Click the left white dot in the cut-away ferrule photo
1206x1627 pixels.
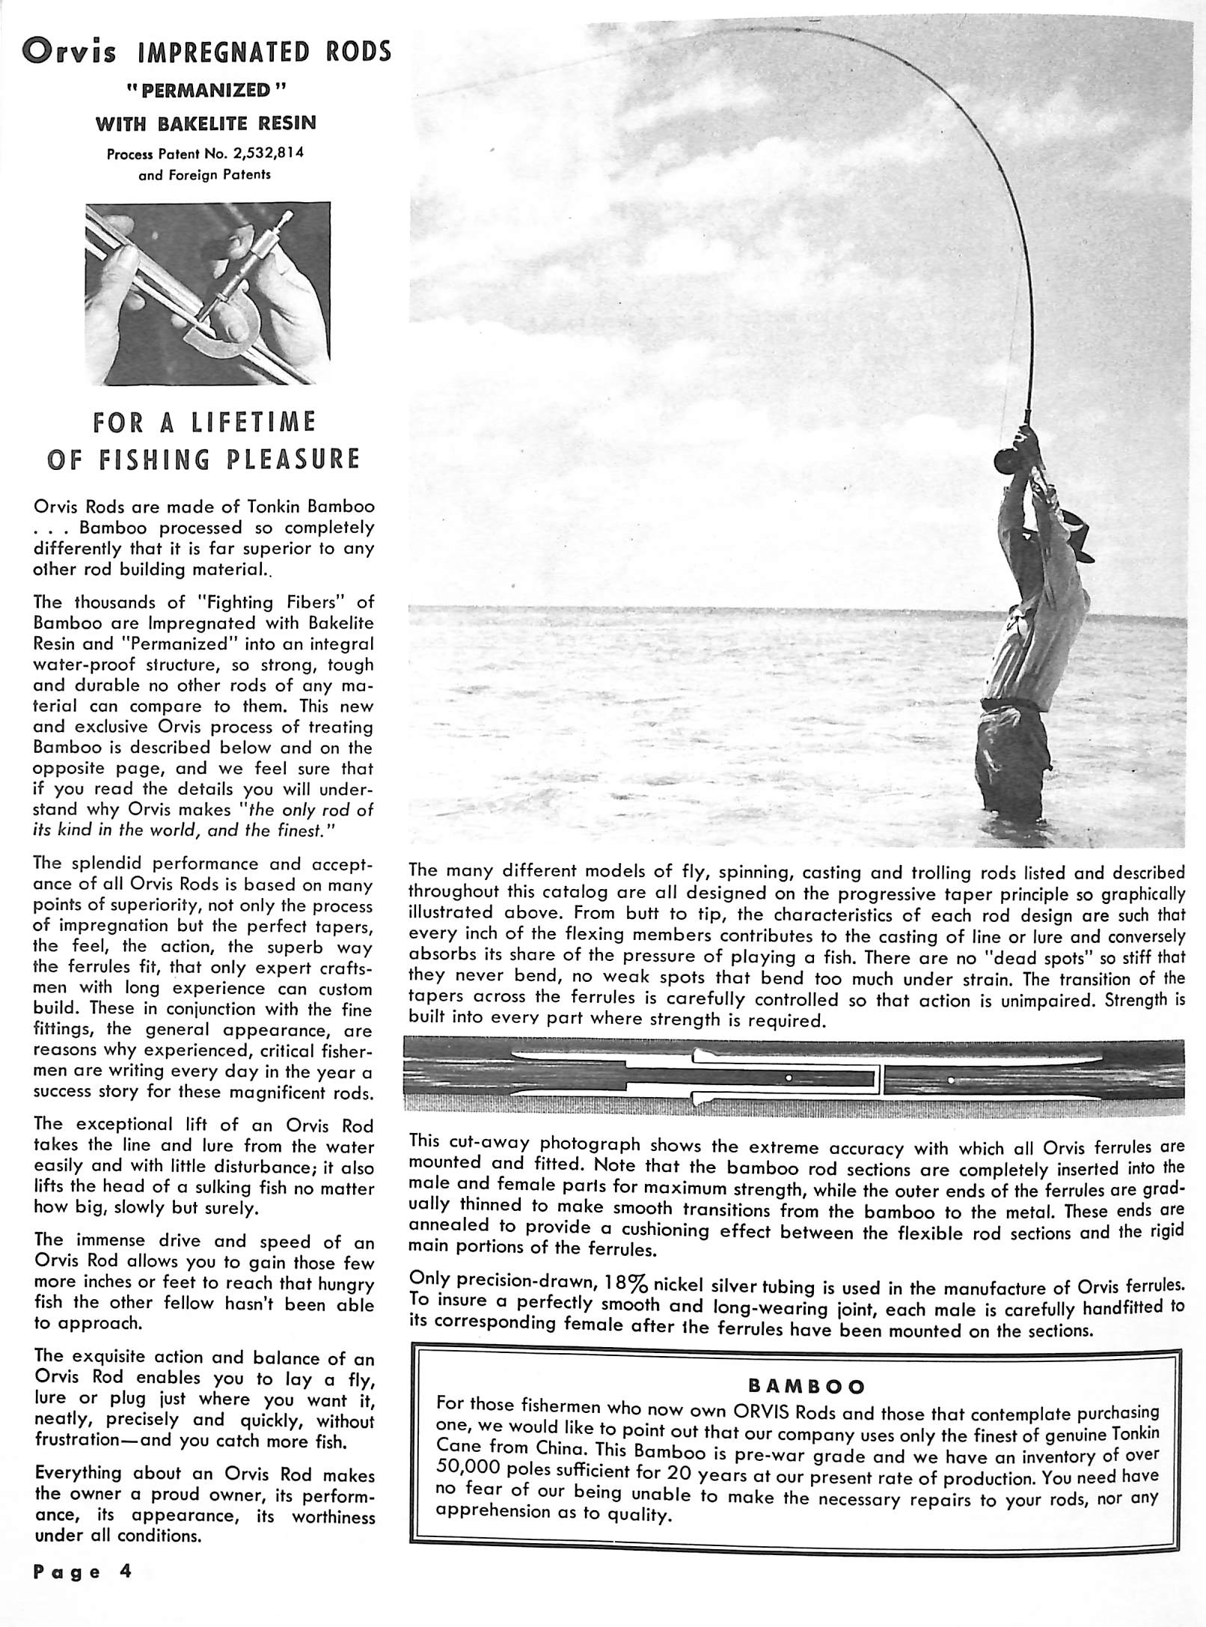pyautogui.click(x=789, y=1077)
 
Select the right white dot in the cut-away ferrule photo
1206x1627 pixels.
pyautogui.click(x=949, y=1078)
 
